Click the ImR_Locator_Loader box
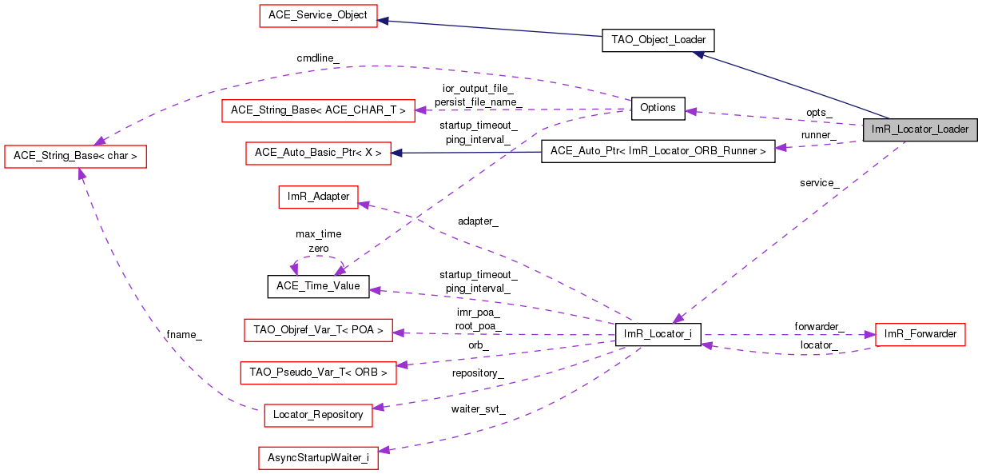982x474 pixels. coord(920,129)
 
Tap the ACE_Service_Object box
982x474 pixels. coord(318,16)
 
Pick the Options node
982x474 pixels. coord(658,108)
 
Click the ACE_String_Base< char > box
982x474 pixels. coord(76,157)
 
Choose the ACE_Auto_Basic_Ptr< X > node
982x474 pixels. coord(318,152)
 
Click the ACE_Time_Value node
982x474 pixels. coord(318,286)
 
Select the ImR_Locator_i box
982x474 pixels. coord(658,334)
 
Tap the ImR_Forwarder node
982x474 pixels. coord(920,334)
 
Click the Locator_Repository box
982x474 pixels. coord(318,415)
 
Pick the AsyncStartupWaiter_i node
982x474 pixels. coord(318,458)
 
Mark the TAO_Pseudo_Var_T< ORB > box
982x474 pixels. coord(318,372)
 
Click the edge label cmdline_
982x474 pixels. coord(318,58)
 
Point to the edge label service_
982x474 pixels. coord(819,183)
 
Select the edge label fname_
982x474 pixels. coord(184,335)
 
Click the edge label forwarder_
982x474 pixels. coord(819,326)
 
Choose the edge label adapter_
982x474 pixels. coord(478,221)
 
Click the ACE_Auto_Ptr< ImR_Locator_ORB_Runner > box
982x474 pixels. coord(658,151)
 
